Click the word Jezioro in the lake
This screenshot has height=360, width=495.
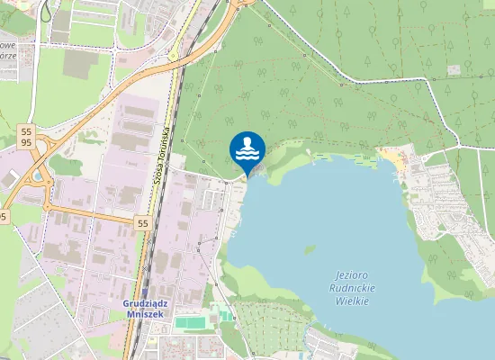[x=352, y=274]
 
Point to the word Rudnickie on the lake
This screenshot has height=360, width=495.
[x=352, y=287]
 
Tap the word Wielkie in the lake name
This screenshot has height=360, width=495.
[x=352, y=300]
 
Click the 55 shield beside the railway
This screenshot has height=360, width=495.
[x=143, y=222]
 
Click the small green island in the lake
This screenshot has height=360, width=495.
[x=310, y=248]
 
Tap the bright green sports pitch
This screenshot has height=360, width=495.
[x=189, y=321]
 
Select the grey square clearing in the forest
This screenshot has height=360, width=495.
[x=454, y=69]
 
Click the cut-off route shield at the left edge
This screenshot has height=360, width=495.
[x=3, y=217]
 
